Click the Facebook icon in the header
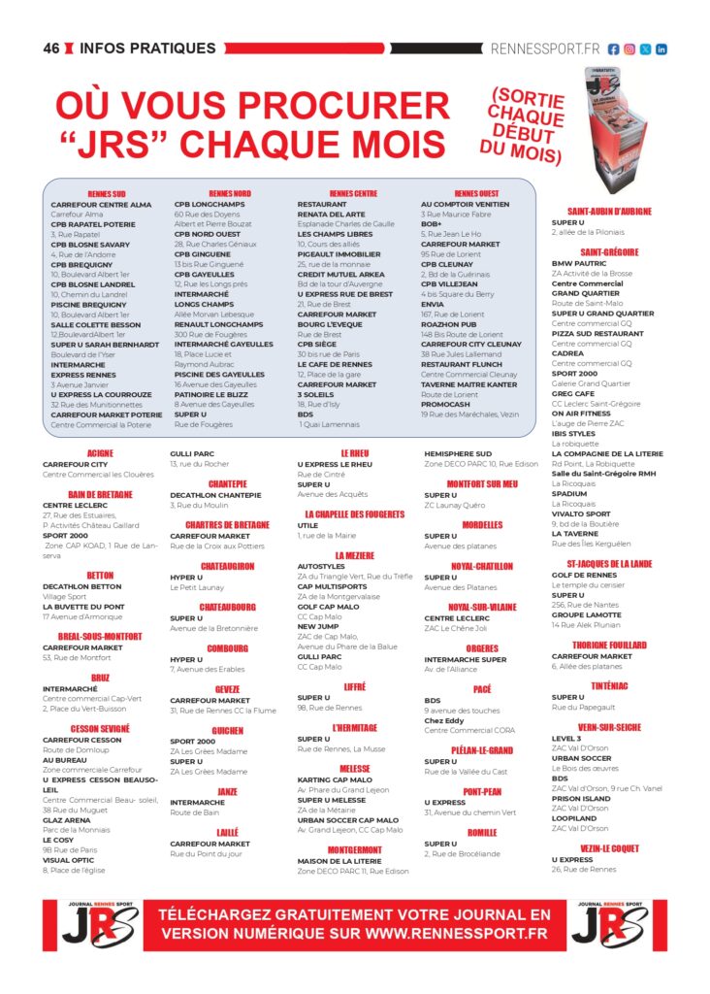click(x=614, y=49)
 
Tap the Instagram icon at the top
click(x=629, y=49)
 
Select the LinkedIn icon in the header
click(x=662, y=49)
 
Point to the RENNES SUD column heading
click(x=106, y=194)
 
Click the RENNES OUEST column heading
click(x=476, y=194)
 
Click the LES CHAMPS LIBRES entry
click(x=334, y=234)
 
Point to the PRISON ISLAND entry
click(x=581, y=798)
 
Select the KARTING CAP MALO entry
click(x=334, y=779)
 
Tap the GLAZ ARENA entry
click(x=66, y=819)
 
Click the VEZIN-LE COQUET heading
click(x=609, y=848)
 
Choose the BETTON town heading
click(x=100, y=576)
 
